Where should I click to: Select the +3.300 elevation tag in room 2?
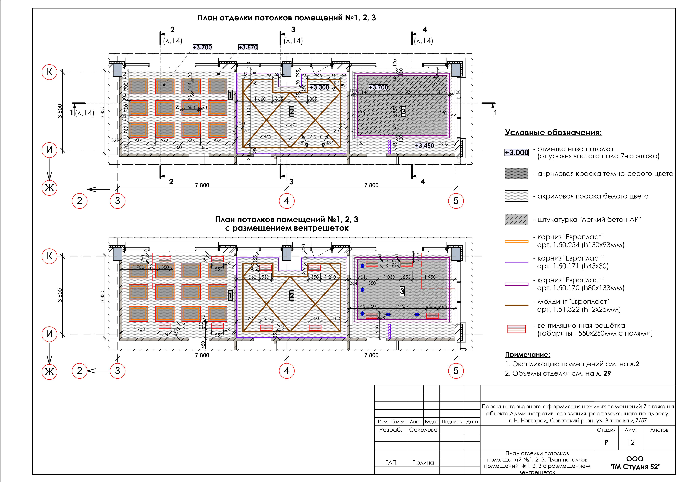coord(319,87)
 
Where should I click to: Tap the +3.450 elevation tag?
coord(424,146)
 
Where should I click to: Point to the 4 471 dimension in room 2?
coord(291,125)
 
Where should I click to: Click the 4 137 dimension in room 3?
coord(405,92)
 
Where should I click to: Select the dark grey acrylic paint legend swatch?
coord(516,173)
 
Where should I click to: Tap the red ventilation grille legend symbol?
coord(516,329)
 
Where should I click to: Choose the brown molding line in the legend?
coord(516,305)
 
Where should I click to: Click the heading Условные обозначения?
coord(553,133)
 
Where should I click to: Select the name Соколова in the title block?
coord(423,430)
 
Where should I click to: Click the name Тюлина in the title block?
coord(423,462)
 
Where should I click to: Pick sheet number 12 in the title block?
coord(631,442)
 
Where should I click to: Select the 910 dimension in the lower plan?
coord(377,329)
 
